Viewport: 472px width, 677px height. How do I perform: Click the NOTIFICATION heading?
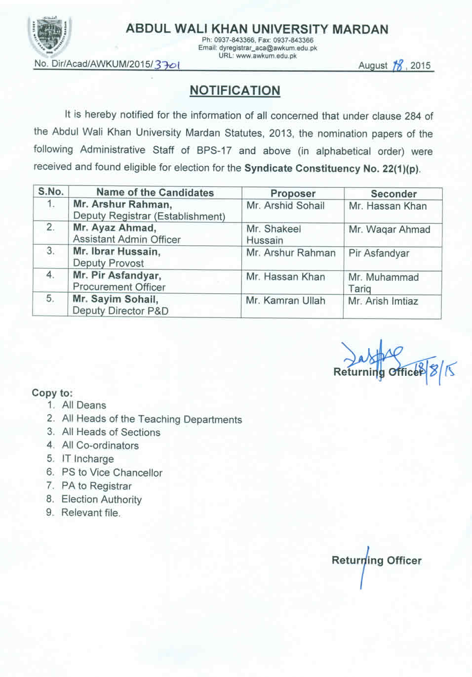[x=235, y=90]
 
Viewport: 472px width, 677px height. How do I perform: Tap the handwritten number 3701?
[x=167, y=65]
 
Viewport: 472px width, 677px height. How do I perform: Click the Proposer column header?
[x=293, y=193]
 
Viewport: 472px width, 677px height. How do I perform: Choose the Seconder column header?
[x=393, y=194]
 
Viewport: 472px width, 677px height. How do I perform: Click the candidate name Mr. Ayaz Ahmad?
[x=115, y=228]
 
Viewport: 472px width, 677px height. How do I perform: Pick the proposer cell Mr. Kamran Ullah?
[x=285, y=300]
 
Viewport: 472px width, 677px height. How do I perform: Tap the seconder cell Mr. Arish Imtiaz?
[x=383, y=301]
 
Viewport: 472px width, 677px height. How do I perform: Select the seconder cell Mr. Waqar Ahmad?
[x=389, y=229]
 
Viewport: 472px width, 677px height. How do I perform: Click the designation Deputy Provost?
[x=108, y=263]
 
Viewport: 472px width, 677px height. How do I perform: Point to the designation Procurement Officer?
[x=119, y=287]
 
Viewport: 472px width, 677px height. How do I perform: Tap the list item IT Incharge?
[x=87, y=459]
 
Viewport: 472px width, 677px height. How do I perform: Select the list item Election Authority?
[x=101, y=499]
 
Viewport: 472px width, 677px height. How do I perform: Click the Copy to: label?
[x=52, y=393]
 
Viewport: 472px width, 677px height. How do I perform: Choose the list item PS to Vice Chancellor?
[x=112, y=472]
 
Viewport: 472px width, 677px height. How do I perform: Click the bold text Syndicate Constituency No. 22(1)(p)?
[x=332, y=168]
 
